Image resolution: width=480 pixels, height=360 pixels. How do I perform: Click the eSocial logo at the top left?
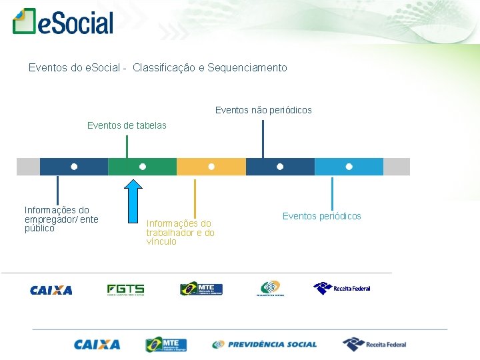tap(63, 22)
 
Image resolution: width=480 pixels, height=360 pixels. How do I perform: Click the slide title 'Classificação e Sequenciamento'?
tap(209, 68)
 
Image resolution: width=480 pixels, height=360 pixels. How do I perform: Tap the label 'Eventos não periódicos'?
tap(263, 110)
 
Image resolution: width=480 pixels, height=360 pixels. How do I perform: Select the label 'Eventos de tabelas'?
tap(127, 125)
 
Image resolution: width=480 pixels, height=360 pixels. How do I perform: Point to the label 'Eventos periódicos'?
tap(321, 216)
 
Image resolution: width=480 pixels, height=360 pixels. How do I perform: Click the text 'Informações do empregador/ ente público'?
tap(61, 219)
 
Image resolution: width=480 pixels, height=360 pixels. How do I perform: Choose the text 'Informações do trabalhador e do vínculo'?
tap(181, 233)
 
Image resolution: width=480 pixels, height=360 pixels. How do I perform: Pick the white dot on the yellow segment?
tap(211, 166)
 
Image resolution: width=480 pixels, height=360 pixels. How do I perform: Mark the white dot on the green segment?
tap(143, 166)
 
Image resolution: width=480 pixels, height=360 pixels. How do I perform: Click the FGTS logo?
tap(125, 289)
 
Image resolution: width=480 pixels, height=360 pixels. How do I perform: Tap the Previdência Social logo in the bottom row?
tap(265, 345)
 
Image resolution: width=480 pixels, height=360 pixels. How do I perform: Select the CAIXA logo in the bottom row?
tap(97, 345)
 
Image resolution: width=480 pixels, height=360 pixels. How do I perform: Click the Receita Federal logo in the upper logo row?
tap(342, 288)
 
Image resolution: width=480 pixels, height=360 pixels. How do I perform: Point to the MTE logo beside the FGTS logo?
tap(201, 289)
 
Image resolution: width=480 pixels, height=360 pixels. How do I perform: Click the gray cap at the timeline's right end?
tap(397, 167)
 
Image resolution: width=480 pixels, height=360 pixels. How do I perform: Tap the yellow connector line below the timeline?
tap(195, 197)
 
